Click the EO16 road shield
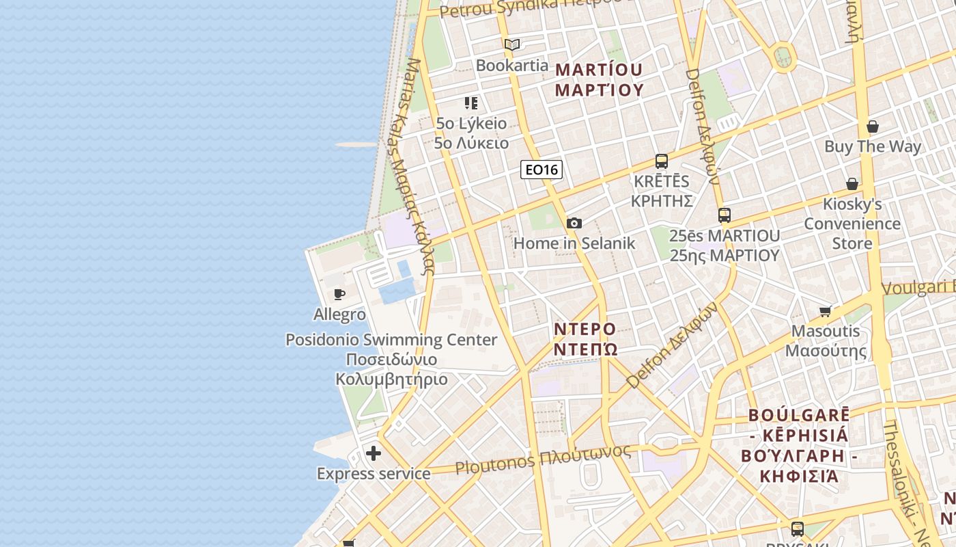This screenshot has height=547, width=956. click(542, 170)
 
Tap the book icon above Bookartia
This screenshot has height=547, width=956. click(512, 45)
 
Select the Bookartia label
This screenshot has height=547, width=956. click(512, 66)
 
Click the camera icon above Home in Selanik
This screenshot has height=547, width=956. click(574, 223)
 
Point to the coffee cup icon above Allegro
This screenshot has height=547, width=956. click(339, 295)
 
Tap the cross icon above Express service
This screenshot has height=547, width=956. click(374, 453)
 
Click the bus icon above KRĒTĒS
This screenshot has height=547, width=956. click(661, 161)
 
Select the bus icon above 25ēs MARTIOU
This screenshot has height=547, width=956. click(725, 215)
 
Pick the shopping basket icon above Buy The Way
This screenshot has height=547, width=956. click(872, 126)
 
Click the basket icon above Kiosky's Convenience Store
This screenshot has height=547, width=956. click(852, 184)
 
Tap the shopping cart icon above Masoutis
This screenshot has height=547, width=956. click(826, 312)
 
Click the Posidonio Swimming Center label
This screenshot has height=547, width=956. click(391, 340)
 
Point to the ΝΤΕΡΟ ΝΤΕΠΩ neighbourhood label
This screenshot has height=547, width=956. click(585, 339)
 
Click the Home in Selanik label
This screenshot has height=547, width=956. click(574, 243)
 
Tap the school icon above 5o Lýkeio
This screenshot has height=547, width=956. click(471, 103)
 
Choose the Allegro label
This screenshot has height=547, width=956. click(339, 315)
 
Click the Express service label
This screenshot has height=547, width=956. click(374, 474)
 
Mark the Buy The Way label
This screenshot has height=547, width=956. click(872, 146)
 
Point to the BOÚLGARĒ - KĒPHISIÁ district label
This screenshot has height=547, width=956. click(799, 445)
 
